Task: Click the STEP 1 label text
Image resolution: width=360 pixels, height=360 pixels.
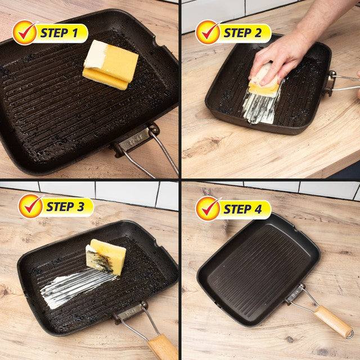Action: pos(59,33)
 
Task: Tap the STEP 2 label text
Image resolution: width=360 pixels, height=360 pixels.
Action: pos(242,33)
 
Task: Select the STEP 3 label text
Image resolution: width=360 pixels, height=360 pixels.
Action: pos(65,206)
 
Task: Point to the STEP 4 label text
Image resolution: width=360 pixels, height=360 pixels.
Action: pos(242,209)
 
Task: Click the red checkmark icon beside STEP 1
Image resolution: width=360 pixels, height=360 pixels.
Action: pos(26,33)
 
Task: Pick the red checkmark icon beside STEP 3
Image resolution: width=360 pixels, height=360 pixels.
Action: pos(31,206)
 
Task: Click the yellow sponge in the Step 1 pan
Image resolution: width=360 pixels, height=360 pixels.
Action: pos(110,65)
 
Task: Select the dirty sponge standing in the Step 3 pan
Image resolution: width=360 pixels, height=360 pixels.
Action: pos(106,256)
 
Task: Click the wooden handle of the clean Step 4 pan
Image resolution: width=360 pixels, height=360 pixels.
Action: pos(333,321)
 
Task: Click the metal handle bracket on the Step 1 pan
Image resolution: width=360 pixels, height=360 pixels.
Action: pos(135,140)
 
